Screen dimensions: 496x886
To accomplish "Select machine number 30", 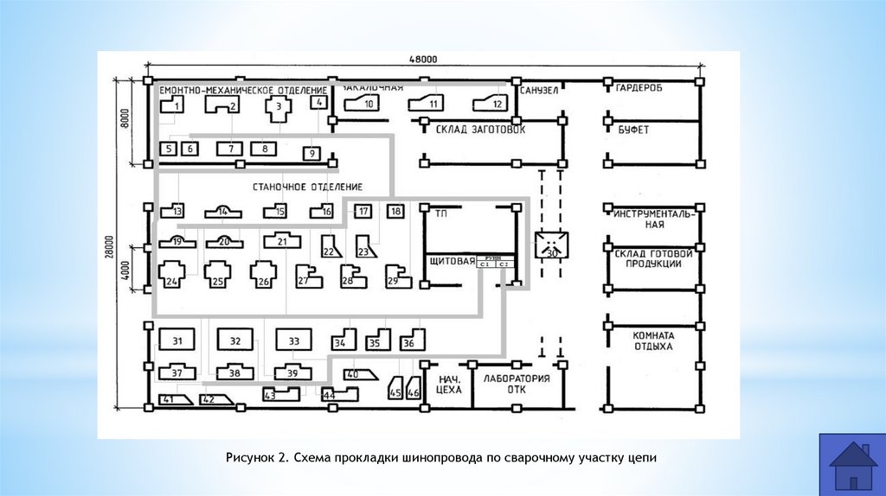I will click(551, 248).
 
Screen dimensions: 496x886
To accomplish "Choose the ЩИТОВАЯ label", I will click(452, 261).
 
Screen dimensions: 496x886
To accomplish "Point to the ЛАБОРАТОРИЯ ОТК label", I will click(517, 384).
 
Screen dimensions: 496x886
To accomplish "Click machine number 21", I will click(282, 242).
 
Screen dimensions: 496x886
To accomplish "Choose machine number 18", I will click(395, 211).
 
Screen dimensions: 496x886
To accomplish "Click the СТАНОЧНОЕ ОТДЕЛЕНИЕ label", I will click(307, 187).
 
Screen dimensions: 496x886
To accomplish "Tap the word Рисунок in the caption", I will click(251, 455).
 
